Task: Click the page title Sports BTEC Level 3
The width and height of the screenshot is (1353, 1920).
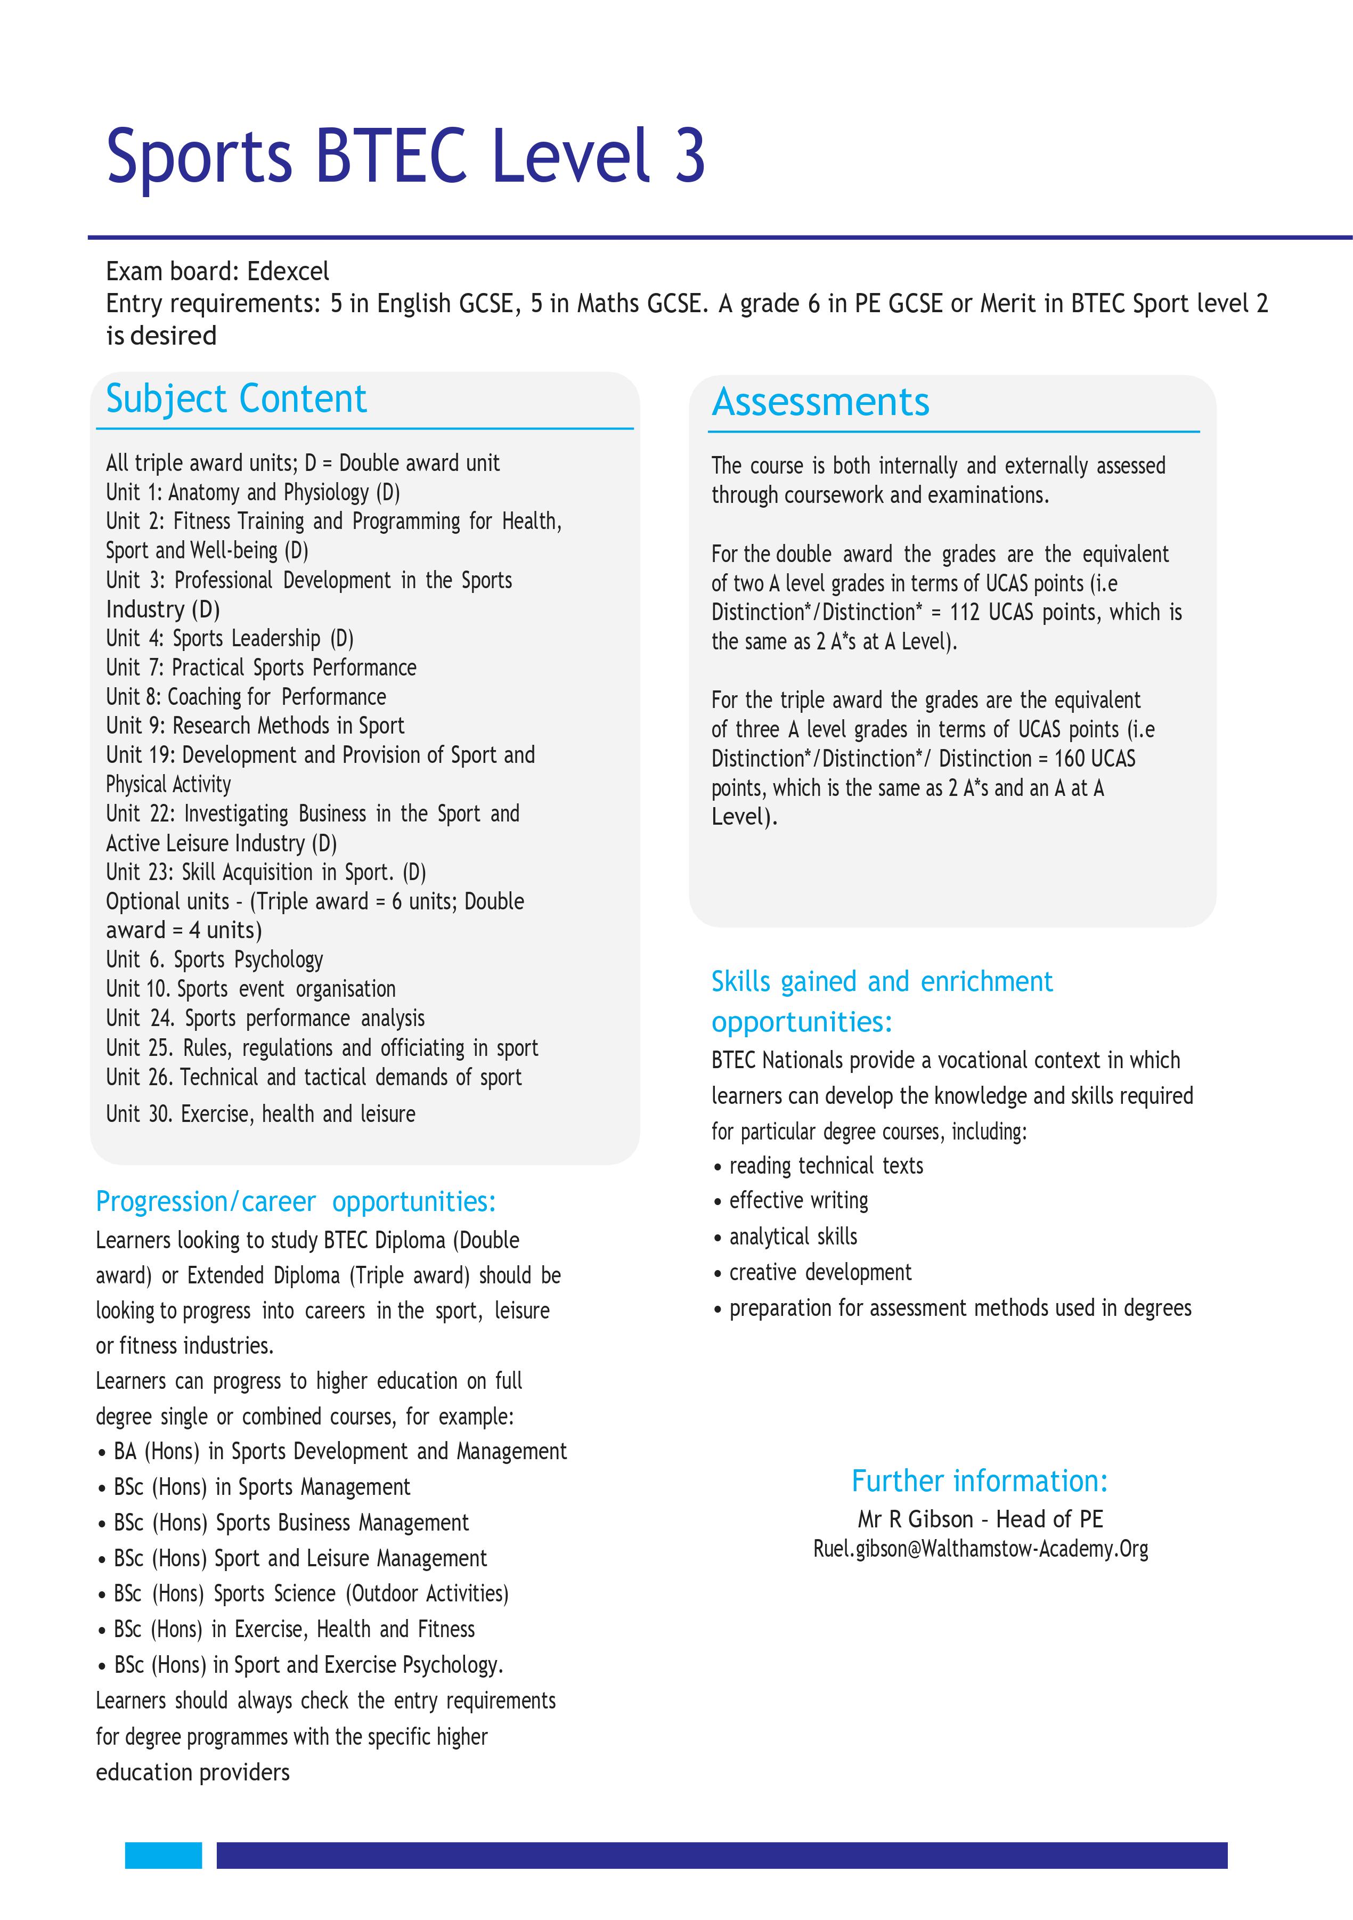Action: point(405,157)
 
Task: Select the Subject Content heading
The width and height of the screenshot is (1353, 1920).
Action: point(236,399)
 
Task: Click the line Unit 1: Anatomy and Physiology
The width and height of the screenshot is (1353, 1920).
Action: point(252,493)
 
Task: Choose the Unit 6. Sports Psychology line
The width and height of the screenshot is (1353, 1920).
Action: point(214,960)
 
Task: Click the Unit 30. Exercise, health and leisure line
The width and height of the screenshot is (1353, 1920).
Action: point(260,1114)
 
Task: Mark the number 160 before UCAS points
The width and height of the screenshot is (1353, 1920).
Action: point(1069,759)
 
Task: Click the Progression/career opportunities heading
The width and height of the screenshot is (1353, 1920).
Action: point(295,1202)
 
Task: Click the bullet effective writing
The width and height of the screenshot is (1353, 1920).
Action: point(798,1201)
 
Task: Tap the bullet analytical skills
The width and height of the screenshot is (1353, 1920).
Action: point(792,1237)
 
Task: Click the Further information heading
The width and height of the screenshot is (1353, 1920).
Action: point(979,1481)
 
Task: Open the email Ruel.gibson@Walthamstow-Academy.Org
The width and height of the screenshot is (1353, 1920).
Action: point(980,1550)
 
